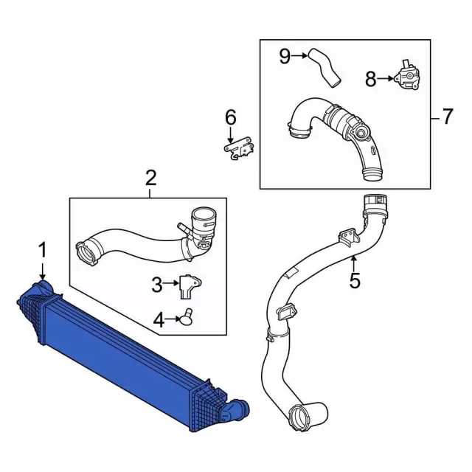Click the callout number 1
pyautogui.click(x=43, y=251)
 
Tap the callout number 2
pyautogui.click(x=150, y=178)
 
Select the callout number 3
pyautogui.click(x=157, y=285)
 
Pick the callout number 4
pyautogui.click(x=159, y=320)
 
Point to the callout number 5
pyautogui.click(x=355, y=280)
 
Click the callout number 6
pyautogui.click(x=231, y=117)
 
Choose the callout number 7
pyautogui.click(x=448, y=117)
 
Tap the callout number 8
pyautogui.click(x=371, y=79)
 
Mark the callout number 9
pyautogui.click(x=285, y=56)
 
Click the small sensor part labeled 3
pyautogui.click(x=189, y=286)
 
